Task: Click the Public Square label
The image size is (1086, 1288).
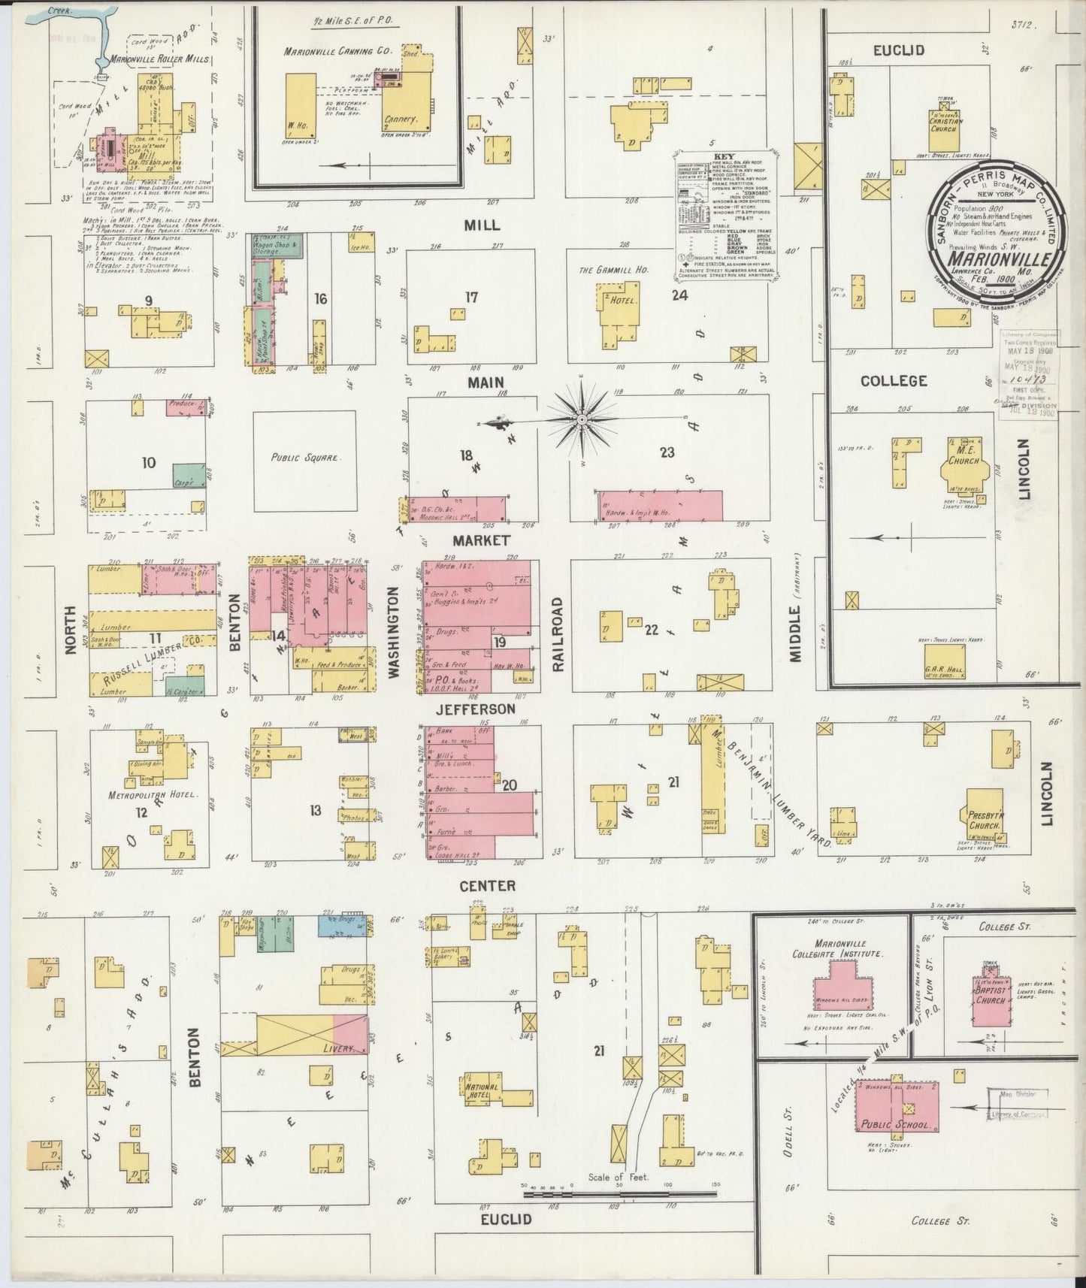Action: coord(304,457)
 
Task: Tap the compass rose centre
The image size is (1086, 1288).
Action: coord(582,418)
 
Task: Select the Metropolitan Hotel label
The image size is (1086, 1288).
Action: coord(153,794)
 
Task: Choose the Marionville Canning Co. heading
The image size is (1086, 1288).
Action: coord(338,52)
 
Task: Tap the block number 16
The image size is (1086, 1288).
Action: coord(321,299)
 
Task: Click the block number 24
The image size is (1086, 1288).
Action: coord(679,295)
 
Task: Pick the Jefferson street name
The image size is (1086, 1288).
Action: coord(486,708)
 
